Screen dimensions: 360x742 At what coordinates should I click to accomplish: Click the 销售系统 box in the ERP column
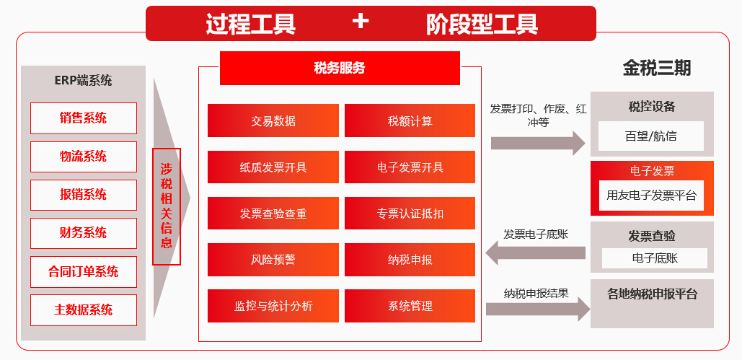pyautogui.click(x=83, y=118)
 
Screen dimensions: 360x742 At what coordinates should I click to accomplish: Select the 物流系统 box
pyautogui.click(x=83, y=157)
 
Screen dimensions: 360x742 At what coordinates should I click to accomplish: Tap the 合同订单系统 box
pyautogui.click(x=83, y=272)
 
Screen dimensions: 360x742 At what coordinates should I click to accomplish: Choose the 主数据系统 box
pyautogui.click(x=83, y=310)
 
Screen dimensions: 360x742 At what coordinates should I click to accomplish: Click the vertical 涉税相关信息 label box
pyautogui.click(x=167, y=207)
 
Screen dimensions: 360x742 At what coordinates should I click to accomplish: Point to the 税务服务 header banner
pyautogui.click(x=340, y=69)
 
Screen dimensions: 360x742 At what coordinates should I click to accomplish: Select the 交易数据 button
pyautogui.click(x=273, y=121)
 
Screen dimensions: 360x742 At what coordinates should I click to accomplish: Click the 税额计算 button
pyautogui.click(x=410, y=121)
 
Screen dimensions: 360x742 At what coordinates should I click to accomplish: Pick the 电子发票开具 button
pyautogui.click(x=410, y=167)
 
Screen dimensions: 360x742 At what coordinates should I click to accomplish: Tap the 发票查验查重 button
pyautogui.click(x=273, y=214)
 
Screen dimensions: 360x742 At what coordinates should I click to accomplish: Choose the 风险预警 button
pyautogui.click(x=273, y=260)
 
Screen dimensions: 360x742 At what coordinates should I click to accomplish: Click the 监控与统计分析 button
pyautogui.click(x=273, y=306)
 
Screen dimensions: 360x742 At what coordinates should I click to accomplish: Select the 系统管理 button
pyautogui.click(x=410, y=306)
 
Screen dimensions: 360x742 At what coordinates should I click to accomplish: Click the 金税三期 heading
pyautogui.click(x=656, y=68)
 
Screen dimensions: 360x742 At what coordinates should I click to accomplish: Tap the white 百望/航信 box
pyautogui.click(x=650, y=136)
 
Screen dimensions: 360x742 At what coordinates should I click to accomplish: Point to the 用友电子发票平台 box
pyautogui.click(x=651, y=195)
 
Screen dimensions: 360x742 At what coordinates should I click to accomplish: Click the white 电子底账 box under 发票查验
pyautogui.click(x=655, y=258)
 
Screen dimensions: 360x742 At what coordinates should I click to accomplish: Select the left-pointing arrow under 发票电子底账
pyautogui.click(x=536, y=253)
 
